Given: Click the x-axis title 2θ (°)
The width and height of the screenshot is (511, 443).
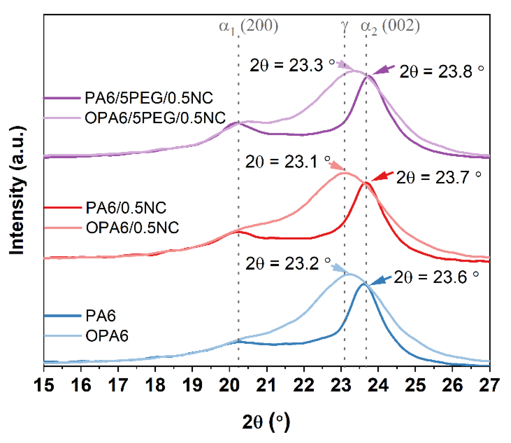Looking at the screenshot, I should click(x=266, y=422).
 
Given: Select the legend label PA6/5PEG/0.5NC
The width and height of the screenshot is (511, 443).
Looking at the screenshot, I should click(x=149, y=98).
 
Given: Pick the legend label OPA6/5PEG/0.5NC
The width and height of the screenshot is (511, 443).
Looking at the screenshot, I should click(x=155, y=118).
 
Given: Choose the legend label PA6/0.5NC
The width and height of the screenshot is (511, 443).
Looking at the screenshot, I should click(x=126, y=208).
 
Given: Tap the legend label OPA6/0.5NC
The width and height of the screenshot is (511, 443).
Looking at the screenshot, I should click(x=132, y=228).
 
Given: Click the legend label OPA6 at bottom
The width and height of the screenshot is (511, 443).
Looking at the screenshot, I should click(x=107, y=336).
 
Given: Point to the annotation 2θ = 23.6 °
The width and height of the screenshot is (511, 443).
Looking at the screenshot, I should click(x=436, y=277).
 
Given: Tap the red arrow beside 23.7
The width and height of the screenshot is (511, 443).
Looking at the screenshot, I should click(x=382, y=176).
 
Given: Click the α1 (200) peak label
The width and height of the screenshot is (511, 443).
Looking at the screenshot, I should click(x=248, y=26).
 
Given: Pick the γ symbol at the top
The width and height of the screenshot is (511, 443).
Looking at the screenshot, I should click(x=345, y=26).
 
